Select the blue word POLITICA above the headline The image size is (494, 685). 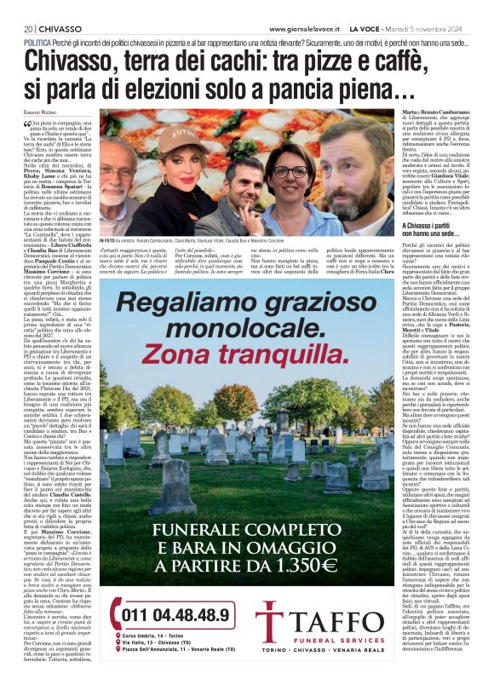(x=37, y=42)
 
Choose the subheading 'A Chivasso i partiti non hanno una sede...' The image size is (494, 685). (x=433, y=230)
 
